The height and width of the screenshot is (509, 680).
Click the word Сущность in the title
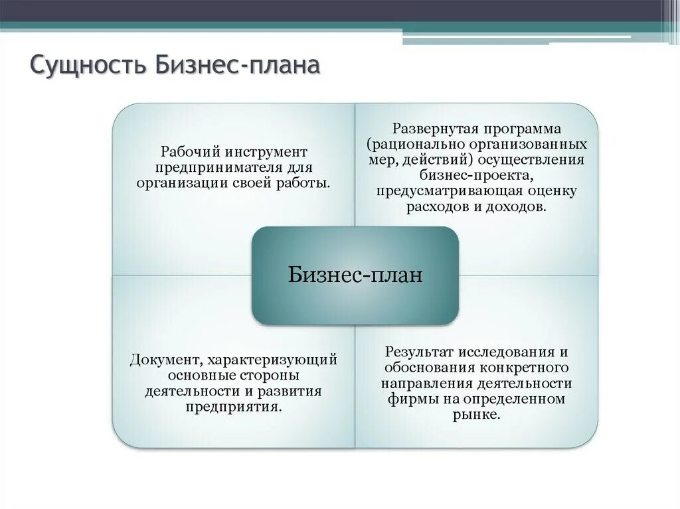88,67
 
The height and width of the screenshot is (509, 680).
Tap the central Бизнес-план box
355,275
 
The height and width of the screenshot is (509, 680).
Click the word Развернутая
434,128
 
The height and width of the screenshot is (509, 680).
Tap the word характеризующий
272,360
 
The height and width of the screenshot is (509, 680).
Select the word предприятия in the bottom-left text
234,406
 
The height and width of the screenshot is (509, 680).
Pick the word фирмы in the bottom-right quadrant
408,399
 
